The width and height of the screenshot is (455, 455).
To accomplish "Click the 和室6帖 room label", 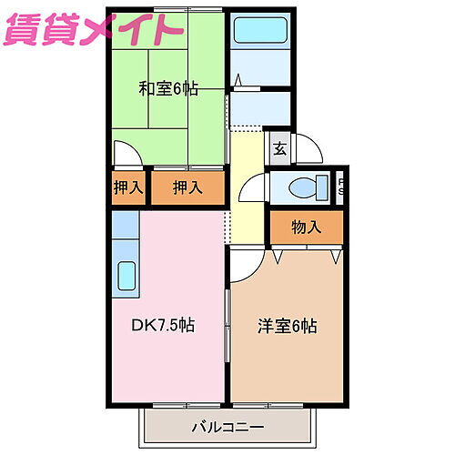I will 168,90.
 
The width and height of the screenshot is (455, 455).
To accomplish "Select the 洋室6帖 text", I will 286,324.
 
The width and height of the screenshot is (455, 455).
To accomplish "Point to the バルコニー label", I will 227,426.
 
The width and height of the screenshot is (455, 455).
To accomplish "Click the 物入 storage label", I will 307,227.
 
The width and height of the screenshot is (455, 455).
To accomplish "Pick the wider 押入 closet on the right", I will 187,187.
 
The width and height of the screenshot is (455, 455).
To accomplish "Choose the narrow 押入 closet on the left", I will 127,187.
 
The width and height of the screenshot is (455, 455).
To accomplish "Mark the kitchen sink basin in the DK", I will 126,274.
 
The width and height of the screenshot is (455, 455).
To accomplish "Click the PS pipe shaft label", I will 342,188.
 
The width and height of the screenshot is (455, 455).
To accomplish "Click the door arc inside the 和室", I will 127,153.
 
